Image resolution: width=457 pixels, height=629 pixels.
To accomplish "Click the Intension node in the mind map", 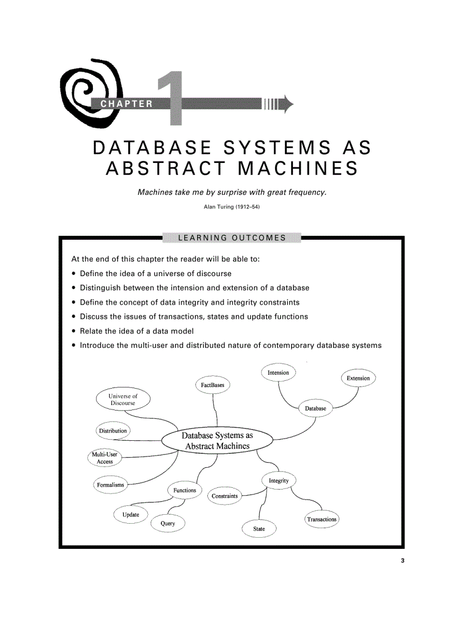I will coord(278,372).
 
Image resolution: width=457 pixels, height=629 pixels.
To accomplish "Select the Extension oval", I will coord(358,378).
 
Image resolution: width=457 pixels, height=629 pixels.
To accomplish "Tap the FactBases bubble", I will coord(213,385).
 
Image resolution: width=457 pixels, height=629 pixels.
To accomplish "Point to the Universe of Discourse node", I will coord(123,399).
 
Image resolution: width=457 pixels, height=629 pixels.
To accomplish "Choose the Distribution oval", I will coord(113,431).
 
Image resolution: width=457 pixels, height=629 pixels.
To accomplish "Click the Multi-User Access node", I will coord(105,458).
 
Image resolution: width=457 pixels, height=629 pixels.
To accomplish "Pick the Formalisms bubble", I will coord(110,484).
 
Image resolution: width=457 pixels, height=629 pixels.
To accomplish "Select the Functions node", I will coord(184,490).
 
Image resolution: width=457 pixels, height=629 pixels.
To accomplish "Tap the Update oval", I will coord(130,514).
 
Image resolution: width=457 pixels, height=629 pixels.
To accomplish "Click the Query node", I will coord(167,523).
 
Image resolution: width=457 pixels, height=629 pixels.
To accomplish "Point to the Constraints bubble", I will coord(225,496).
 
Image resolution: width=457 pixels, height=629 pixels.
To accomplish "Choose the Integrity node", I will coord(278,481).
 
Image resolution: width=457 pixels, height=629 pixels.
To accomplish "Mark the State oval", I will coord(259,528).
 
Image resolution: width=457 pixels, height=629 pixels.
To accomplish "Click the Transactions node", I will coord(322,519).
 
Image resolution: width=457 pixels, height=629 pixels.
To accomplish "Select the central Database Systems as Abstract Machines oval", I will coord(217,440).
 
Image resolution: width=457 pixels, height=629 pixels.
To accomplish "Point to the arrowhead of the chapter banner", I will coord(288,104).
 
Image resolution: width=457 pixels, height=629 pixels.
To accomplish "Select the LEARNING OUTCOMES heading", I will coord(231,237).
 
